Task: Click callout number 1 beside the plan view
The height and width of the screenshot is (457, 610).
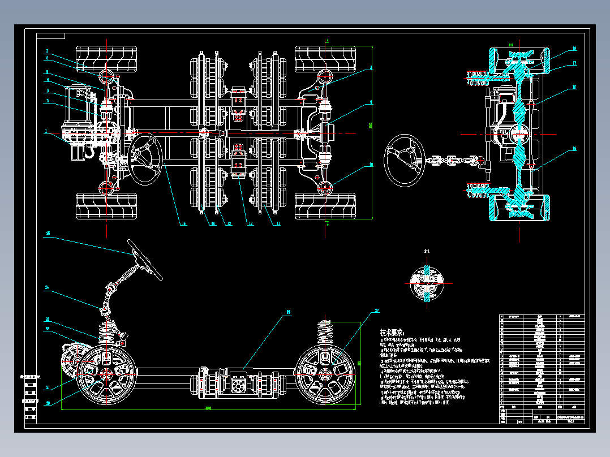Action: (x=47, y=131)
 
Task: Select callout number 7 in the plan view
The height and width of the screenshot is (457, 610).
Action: (x=48, y=51)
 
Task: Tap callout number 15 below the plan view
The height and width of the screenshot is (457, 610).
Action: (x=183, y=223)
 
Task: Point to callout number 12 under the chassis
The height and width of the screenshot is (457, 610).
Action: (x=250, y=223)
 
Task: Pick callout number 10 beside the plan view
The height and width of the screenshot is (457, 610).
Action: (x=371, y=165)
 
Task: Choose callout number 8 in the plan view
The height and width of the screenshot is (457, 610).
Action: (x=371, y=67)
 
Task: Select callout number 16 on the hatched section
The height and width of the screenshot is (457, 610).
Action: (x=574, y=49)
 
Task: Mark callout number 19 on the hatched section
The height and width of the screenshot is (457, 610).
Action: (x=574, y=149)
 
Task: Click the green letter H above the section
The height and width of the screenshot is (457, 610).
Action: (x=510, y=44)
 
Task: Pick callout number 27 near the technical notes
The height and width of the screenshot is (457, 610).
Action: (x=377, y=311)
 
